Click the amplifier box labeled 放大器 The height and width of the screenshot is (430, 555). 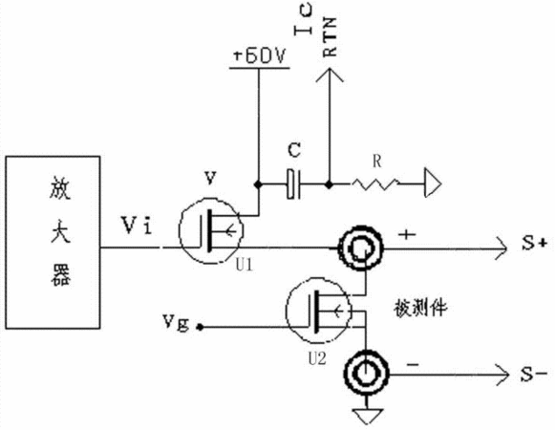pos(53,243)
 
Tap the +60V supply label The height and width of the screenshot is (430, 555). pos(260,56)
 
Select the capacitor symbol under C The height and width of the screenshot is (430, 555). pos(293,184)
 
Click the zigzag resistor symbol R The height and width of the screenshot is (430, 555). pos(375,183)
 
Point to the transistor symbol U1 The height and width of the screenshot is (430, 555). pos(211,230)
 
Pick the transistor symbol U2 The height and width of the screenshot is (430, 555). pos(318,311)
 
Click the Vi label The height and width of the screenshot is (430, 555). pos(137,225)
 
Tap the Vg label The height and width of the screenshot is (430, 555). pos(176,322)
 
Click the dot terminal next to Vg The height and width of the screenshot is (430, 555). pos(200,327)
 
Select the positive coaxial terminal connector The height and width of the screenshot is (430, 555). pos(361,247)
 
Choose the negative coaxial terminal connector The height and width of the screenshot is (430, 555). pos(367,373)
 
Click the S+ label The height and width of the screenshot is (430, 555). pos(535,244)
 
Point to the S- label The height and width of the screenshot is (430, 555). pos(534,374)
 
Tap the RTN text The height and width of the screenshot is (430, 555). pos(330,37)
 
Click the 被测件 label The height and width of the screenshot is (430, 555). pos(420,308)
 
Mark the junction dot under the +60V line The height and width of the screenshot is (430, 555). pos(258,184)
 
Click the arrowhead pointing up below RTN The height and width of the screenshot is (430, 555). pos(330,75)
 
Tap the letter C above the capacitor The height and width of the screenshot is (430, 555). pos(294,150)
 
